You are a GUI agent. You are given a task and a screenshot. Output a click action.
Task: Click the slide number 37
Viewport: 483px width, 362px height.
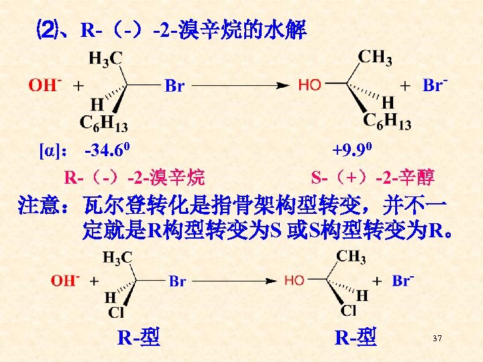click(437, 339)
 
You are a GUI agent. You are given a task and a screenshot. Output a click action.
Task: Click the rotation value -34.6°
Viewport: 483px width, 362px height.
click(111, 147)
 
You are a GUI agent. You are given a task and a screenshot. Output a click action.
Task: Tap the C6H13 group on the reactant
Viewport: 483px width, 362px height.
click(104, 123)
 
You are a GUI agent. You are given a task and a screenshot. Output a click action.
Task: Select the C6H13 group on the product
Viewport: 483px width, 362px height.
click(387, 121)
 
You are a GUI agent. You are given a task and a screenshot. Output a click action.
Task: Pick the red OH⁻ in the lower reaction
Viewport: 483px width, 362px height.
click(65, 280)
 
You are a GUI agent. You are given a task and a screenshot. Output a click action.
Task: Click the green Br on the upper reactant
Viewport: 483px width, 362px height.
click(174, 86)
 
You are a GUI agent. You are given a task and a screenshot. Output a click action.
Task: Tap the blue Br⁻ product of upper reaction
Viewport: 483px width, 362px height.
click(435, 85)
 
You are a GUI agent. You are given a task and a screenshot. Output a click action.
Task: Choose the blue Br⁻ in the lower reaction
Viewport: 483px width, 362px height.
click(401, 280)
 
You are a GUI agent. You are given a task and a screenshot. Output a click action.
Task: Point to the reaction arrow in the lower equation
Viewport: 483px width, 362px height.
click(234, 281)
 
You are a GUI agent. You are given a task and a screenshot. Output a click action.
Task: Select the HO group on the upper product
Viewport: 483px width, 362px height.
click(309, 85)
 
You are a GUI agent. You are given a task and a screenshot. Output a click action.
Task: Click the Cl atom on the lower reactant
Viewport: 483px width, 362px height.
click(115, 312)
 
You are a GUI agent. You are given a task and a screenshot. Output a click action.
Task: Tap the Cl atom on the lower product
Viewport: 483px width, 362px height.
click(349, 311)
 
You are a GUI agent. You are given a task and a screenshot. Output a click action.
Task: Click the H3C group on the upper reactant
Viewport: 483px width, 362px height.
click(105, 59)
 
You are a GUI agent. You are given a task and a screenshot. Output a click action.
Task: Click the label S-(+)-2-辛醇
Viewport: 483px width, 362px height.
click(373, 178)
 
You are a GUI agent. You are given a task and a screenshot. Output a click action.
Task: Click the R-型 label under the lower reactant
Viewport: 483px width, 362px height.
click(138, 337)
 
